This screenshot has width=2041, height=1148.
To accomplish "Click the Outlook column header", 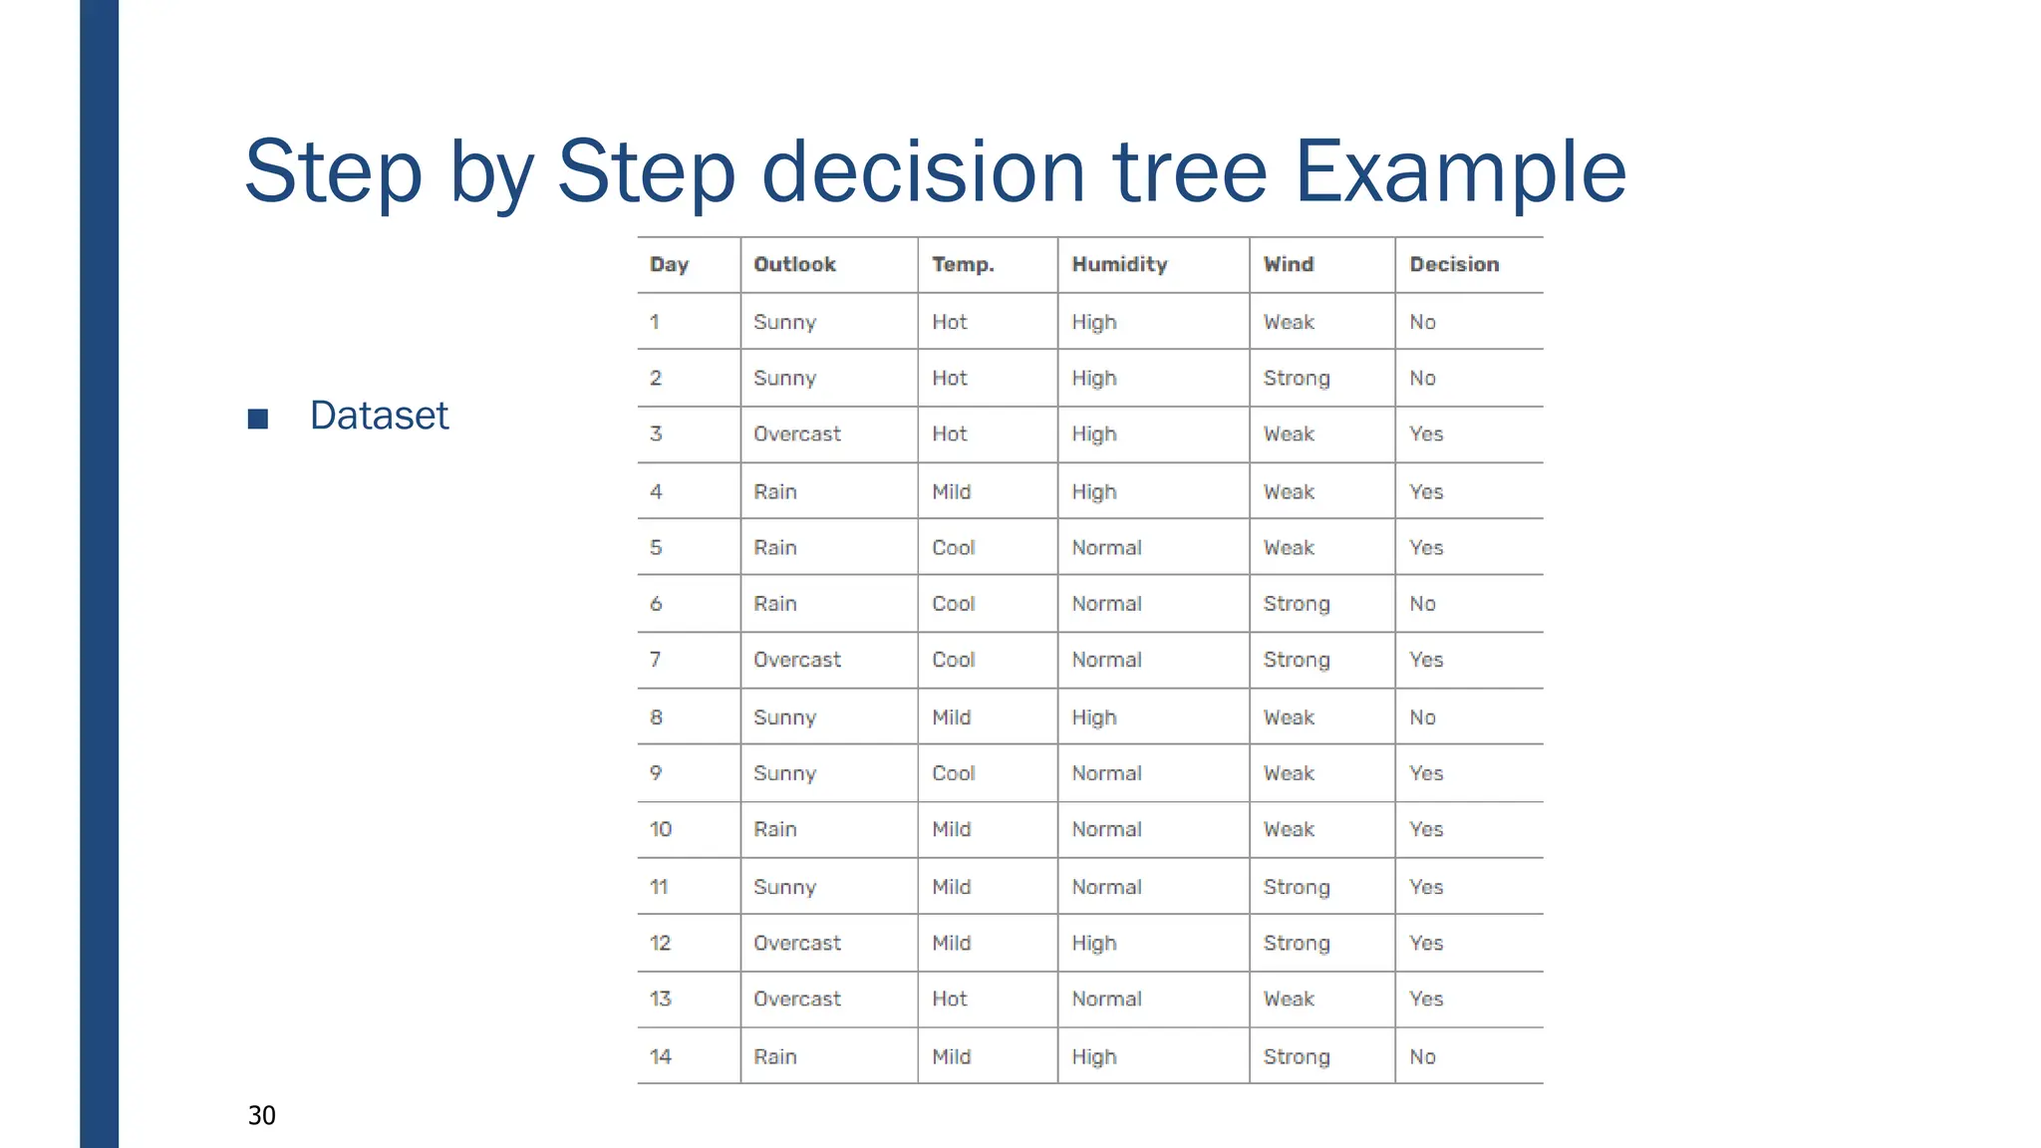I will coord(794,264).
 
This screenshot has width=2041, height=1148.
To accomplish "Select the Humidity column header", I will coord(1119,264).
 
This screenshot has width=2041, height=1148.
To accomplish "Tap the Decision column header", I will coord(1454,264).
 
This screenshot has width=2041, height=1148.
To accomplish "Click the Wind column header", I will coord(1289,264).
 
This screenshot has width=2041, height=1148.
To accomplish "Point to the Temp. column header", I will coord(963,264).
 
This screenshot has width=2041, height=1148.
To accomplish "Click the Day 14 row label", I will coord(661,1056).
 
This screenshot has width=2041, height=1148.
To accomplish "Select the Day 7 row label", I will coord(655,660).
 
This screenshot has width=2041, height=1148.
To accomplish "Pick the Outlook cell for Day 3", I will coord(797,433).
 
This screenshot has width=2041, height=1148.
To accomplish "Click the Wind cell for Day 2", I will coord(1297,378).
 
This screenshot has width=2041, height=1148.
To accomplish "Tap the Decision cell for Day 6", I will coord(1422,604).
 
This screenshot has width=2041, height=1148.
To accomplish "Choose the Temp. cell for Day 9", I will coord(954,773).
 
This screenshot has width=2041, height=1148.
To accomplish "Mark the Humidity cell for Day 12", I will coord(1094,943).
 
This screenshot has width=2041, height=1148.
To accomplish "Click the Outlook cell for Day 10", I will coord(775,829).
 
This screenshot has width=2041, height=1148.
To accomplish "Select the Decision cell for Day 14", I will coord(1422,1056).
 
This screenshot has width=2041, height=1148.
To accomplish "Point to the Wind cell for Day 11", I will coord(1297,887).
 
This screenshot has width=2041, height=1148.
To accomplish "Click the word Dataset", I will coord(379,416).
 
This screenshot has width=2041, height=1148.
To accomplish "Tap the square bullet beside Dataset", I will coord(258,419).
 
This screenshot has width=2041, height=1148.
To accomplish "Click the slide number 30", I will coord(262,1115).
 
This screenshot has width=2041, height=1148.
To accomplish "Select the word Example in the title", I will coord(1460,171).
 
